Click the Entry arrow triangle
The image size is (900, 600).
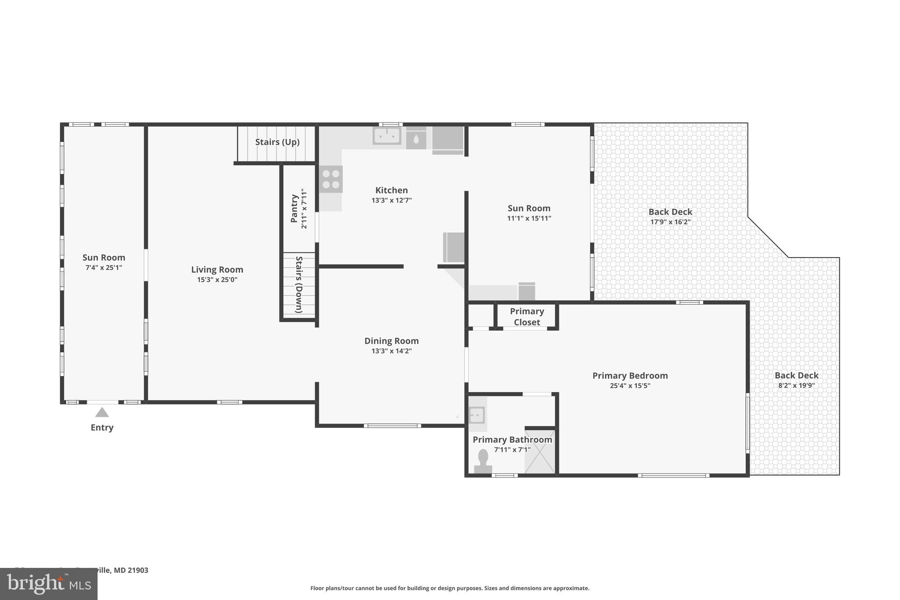tap(102, 412)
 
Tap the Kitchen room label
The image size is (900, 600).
tap(391, 190)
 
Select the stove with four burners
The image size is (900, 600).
tap(331, 179)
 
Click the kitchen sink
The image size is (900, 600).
tap(387, 135)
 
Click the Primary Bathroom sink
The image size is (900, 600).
tap(477, 415)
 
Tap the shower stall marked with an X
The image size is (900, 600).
tap(541, 452)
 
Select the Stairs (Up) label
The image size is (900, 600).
tap(277, 142)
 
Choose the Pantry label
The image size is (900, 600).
tap(294, 209)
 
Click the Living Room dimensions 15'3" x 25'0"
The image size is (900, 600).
tap(217, 280)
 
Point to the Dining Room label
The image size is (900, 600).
tap(391, 341)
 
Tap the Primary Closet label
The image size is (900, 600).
tap(526, 316)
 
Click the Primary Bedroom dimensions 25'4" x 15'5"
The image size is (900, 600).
tap(630, 386)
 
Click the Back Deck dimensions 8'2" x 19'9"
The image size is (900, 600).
tap(796, 385)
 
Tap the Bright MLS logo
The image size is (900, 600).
tap(48, 584)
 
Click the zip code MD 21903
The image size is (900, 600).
tap(131, 570)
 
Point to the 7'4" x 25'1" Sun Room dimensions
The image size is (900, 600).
tap(104, 267)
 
